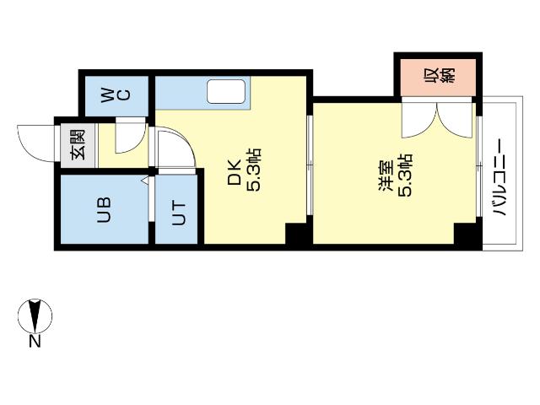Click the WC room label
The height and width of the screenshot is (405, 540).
click(116, 94)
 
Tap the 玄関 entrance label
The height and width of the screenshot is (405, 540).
click(78, 145)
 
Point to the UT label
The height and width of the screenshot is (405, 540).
click(179, 214)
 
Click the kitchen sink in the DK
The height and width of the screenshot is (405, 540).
click(225, 90)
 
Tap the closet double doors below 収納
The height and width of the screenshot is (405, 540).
click(438, 118)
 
